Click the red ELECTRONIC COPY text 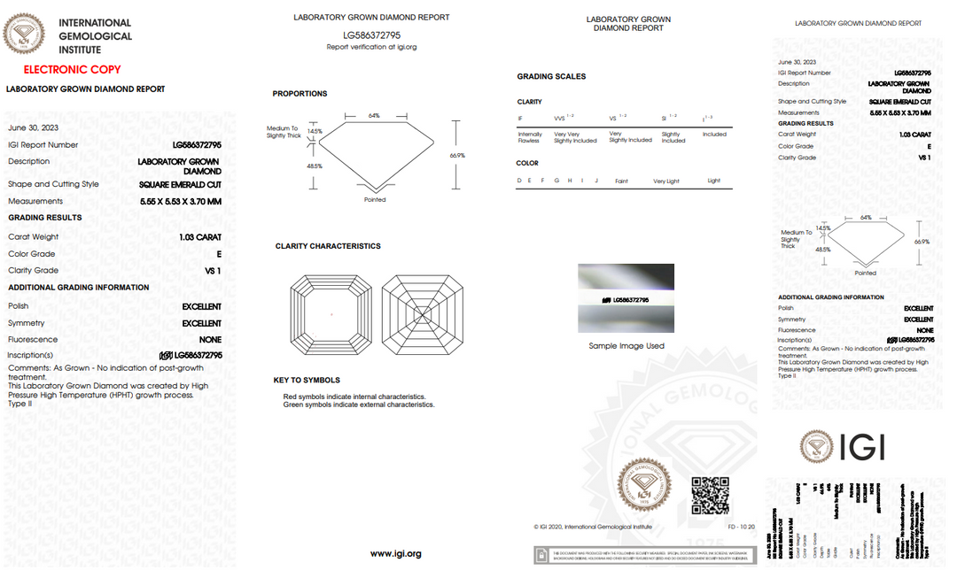72,69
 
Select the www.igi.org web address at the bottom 395,553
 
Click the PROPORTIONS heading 300,94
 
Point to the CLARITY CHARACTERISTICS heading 328,246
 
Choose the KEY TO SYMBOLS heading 307,381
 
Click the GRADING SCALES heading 551,77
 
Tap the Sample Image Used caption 626,346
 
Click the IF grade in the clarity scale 520,118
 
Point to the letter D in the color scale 519,181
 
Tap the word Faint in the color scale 621,181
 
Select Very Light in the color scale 665,181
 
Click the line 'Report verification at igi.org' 371,47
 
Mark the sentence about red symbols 354,397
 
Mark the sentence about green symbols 359,405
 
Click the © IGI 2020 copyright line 593,527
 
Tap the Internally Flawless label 529,137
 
